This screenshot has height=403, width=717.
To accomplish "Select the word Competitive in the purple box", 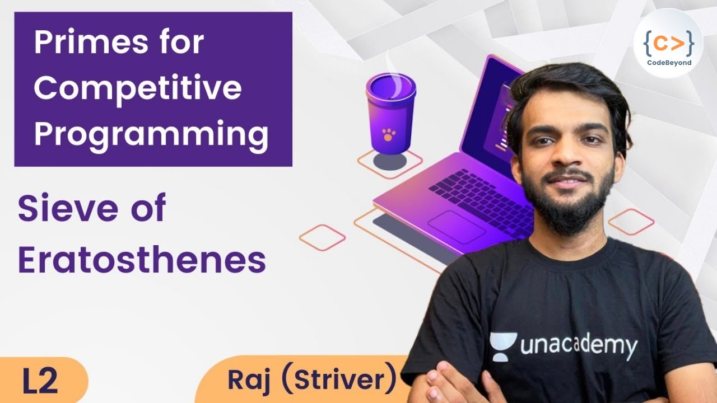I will (138, 88).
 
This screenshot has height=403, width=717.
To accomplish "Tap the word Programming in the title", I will (151, 134).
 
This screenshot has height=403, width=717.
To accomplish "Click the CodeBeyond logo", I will (668, 44).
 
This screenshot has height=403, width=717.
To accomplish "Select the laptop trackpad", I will (456, 227).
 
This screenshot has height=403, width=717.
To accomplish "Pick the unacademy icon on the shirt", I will (502, 345).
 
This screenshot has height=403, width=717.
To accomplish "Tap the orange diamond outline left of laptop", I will (322, 237).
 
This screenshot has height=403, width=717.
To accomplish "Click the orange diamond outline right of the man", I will (631, 222).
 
